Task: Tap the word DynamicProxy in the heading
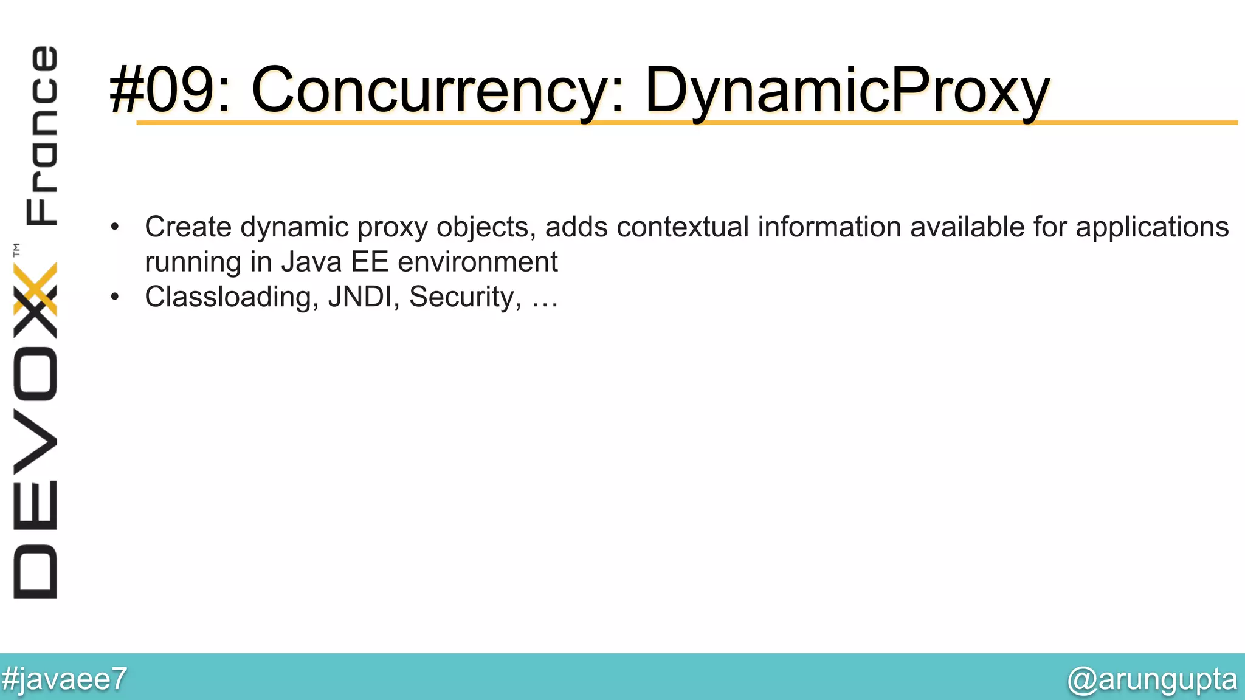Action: (847, 90)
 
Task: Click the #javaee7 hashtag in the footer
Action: (64, 679)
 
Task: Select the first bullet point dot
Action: (115, 228)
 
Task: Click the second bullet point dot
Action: (115, 298)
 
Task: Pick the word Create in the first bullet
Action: (188, 227)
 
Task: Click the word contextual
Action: (682, 227)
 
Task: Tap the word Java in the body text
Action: (311, 262)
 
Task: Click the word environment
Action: (477, 262)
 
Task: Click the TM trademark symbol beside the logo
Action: (16, 250)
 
